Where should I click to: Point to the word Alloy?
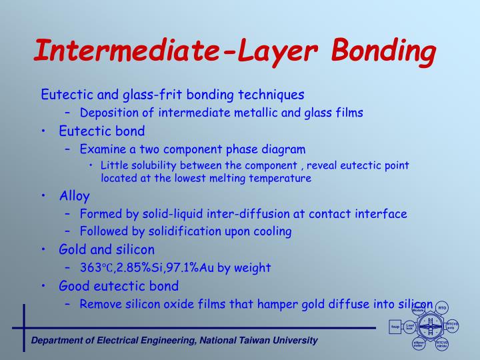click(x=74, y=196)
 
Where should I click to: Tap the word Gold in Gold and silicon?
click(x=72, y=250)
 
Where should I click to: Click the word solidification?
click(x=183, y=232)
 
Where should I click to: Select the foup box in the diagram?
click(x=395, y=327)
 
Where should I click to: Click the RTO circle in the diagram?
click(x=442, y=307)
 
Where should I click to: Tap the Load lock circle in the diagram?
click(x=410, y=326)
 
